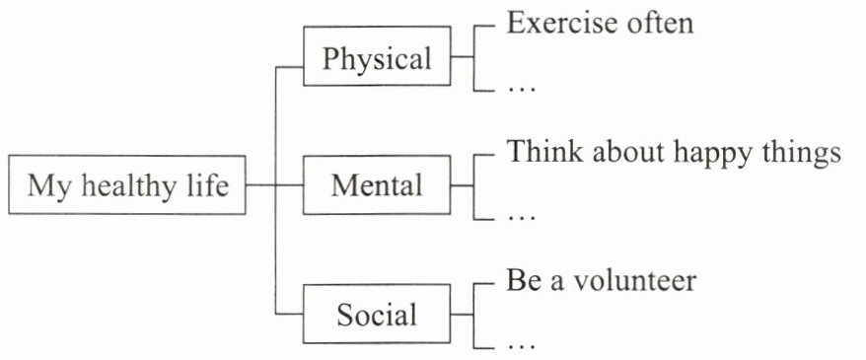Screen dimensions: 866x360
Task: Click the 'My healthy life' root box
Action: (127, 185)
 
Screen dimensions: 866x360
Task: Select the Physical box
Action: (377, 56)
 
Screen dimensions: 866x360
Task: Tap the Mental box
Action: (377, 185)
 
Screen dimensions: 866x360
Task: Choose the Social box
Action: (377, 314)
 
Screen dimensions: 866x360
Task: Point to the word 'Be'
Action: (520, 281)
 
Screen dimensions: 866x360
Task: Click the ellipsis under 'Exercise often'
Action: (522, 89)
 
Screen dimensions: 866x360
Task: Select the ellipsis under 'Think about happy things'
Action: (522, 218)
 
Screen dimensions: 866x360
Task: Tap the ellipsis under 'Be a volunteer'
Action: (522, 347)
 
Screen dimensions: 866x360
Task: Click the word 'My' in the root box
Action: (49, 187)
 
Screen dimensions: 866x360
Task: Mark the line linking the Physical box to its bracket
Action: (463, 56)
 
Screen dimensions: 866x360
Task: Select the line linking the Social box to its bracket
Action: (463, 314)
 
